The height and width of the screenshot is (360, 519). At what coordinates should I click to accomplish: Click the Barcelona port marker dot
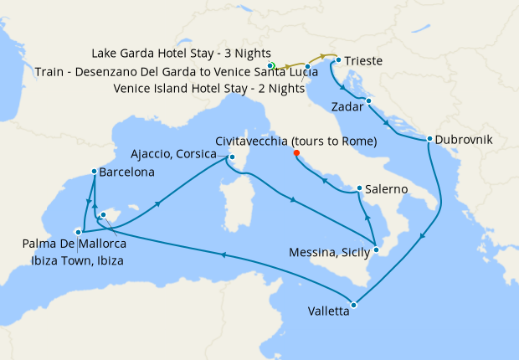pos(93,172)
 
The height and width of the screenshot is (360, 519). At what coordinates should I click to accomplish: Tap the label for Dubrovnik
pos(461,139)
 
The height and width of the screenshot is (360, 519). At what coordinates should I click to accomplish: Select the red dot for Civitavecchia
pos(296,153)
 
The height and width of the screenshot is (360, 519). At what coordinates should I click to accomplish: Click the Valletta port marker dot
pos(353,305)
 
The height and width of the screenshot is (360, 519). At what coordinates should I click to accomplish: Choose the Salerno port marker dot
pos(359,188)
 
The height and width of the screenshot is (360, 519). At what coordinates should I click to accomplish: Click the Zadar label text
pos(347,108)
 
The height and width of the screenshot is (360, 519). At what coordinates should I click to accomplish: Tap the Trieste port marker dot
pos(337,60)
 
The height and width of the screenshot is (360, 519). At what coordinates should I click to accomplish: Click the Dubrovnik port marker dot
pos(429,139)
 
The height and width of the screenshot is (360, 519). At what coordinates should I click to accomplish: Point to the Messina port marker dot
pos(377,249)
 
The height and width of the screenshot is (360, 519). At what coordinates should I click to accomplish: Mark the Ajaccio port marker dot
pos(232,157)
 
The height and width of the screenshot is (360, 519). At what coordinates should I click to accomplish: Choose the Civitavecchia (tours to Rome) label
pos(296,141)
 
